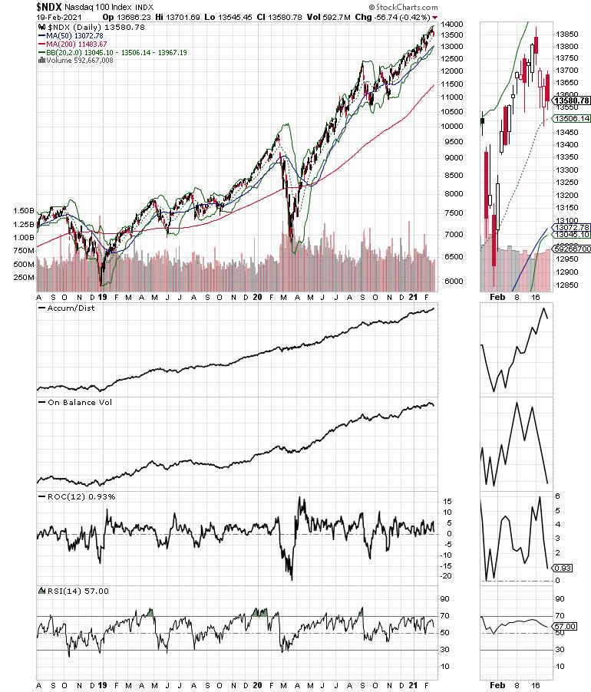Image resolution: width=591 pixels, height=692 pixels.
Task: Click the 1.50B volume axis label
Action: [x=23, y=210]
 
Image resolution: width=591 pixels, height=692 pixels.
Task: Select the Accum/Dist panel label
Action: [x=70, y=308]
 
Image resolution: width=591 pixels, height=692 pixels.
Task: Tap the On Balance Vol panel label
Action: [x=74, y=402]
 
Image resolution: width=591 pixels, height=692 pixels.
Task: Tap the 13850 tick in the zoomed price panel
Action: [x=567, y=35]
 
